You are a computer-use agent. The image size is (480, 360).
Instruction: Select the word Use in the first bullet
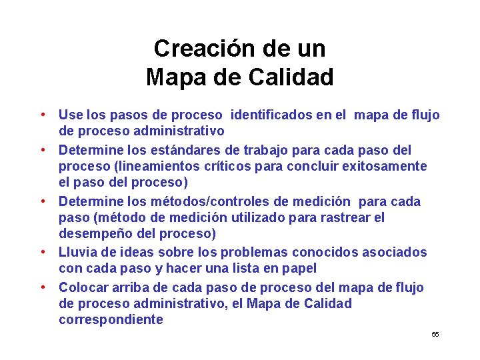click(70, 115)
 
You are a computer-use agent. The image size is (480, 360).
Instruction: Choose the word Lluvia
click(79, 253)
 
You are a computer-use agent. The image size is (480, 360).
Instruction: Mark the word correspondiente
click(111, 320)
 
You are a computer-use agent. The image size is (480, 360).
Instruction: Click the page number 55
click(435, 334)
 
